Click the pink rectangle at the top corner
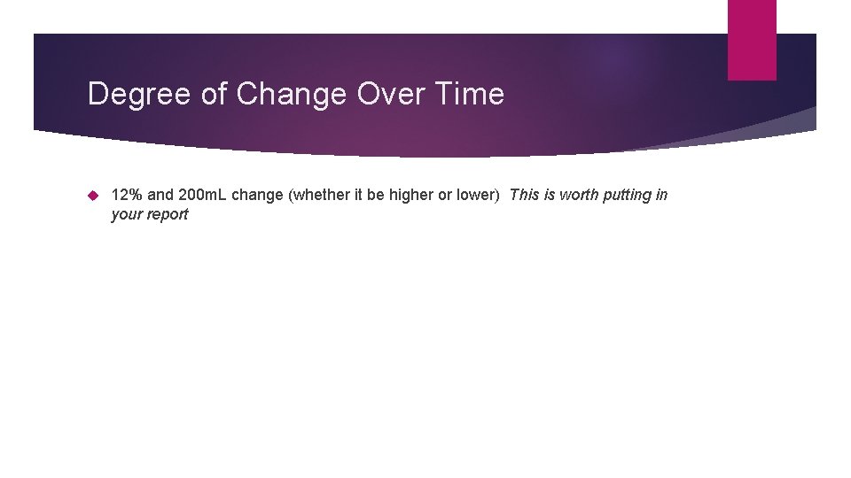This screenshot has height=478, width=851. click(752, 40)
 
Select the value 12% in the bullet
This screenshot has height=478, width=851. click(127, 195)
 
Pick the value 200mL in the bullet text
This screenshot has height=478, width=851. click(203, 195)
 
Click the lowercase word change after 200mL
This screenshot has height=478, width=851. click(257, 195)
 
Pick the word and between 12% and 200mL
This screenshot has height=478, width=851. click(160, 195)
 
